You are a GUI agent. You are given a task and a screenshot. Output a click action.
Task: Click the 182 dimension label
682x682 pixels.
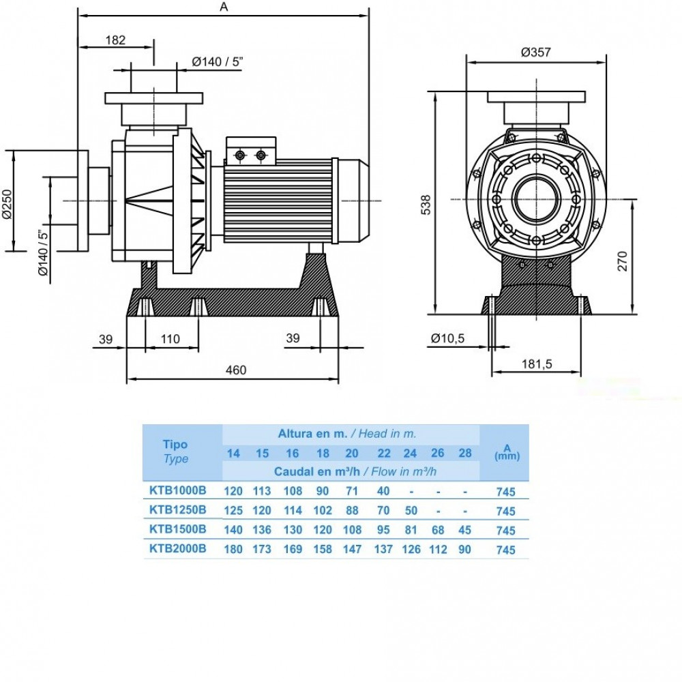click(x=115, y=40)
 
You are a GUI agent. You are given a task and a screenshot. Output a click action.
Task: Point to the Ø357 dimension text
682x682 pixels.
click(x=536, y=53)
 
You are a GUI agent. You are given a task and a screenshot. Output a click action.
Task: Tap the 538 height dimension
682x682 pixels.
click(x=426, y=205)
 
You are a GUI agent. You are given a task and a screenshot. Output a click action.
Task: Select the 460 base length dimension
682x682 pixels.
click(x=236, y=370)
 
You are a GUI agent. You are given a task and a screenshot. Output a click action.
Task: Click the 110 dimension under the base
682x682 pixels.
click(x=170, y=339)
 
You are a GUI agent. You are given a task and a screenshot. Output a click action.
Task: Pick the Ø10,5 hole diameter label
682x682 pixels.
click(x=447, y=338)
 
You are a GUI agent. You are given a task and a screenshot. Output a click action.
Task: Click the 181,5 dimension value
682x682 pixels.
click(x=537, y=364)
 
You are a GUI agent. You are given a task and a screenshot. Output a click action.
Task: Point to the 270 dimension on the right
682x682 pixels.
click(x=623, y=261)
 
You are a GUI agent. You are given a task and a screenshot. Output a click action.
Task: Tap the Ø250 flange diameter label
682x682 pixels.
click(x=8, y=204)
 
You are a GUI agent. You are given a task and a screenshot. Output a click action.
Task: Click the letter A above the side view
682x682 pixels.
click(x=224, y=7)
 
